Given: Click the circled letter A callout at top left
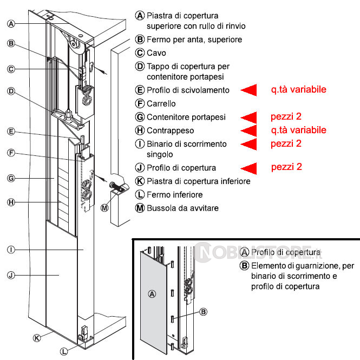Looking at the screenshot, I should pos(11,23).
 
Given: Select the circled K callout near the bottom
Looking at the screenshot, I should pos(37,338).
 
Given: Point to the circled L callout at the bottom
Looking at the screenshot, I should pos(64,351).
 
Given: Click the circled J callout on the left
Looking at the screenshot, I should pos(11,275).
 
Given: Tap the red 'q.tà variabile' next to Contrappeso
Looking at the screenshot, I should pos(299,130).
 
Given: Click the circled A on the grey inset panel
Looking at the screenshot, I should pos(152,294).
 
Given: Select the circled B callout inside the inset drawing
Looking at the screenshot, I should pos(204,311).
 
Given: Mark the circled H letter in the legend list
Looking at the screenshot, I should pos(140,130).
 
